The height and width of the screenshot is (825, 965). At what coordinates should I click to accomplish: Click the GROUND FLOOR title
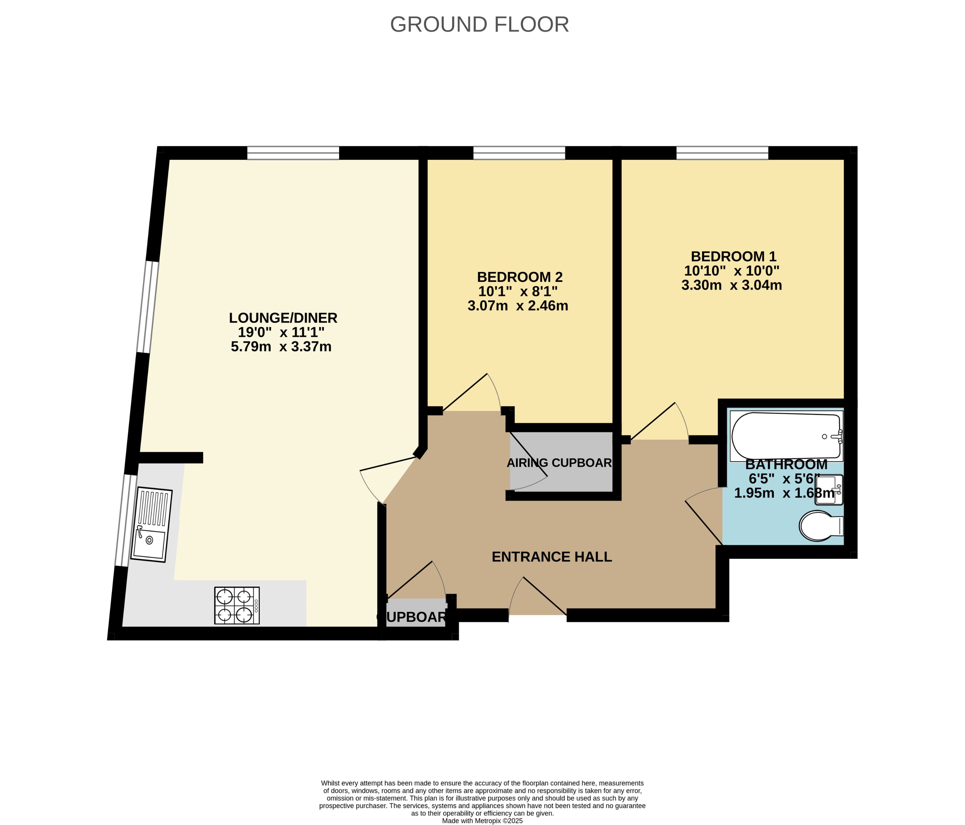point(479,24)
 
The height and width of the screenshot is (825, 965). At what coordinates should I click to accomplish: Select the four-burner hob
point(237,605)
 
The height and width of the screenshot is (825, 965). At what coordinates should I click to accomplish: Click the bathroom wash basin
point(829,490)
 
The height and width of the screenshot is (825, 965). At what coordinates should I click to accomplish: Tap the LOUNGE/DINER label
point(283,318)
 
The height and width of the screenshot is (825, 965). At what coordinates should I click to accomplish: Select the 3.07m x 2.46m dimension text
point(518,306)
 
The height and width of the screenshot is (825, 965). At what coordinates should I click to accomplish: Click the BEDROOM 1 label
point(733,257)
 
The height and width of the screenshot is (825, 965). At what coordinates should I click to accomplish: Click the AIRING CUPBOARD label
point(559,463)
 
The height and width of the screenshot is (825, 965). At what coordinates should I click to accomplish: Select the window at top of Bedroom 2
point(519,153)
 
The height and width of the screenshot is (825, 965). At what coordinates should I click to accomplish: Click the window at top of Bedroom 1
point(722,153)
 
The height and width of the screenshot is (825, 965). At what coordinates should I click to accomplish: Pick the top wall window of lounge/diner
point(293,153)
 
